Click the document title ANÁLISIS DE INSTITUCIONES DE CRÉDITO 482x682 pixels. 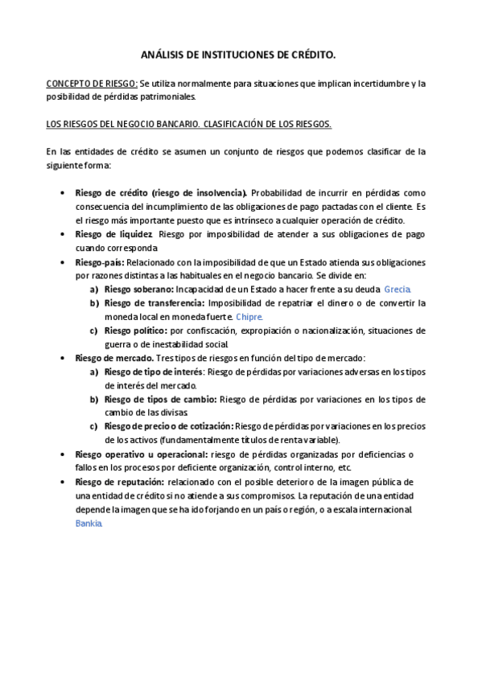coord(238,55)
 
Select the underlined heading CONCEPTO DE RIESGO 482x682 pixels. coord(92,83)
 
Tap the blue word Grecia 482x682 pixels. coord(398,289)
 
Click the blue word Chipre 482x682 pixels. coord(249,316)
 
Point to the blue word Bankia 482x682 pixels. coord(89,523)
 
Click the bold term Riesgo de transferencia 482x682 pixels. coord(154,302)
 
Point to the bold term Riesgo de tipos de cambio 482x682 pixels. coord(160,399)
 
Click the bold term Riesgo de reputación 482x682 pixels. coord(119,482)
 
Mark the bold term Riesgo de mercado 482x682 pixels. coord(114,358)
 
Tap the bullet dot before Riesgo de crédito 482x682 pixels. coord(64,194)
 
